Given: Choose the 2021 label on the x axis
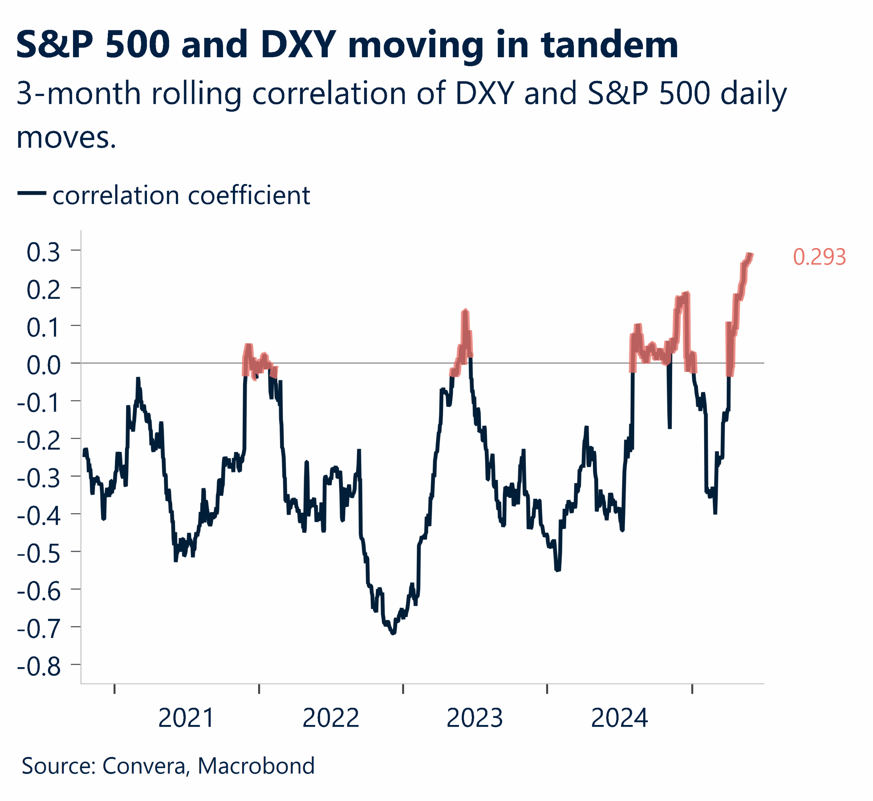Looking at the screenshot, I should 186,718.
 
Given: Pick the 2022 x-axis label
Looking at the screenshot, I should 331,718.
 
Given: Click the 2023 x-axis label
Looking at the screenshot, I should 474,718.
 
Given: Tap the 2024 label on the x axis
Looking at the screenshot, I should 619,718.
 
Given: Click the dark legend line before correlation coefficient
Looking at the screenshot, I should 32,193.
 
